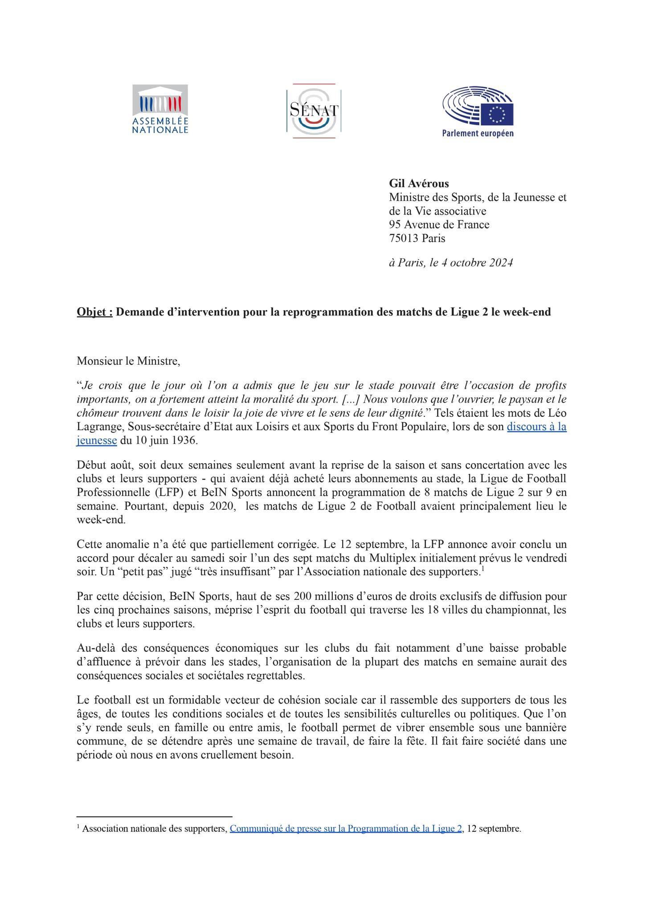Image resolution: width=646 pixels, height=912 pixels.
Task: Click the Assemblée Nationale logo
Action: tap(160, 110)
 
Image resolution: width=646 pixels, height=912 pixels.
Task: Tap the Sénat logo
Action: tap(314, 111)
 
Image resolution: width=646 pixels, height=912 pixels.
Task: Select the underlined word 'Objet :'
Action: tap(94, 312)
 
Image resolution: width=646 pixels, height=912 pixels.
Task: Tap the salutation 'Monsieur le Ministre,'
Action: tap(128, 361)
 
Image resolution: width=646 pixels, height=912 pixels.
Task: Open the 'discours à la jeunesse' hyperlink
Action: tap(536, 427)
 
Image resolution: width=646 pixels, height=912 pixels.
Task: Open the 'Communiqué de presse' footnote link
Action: tap(345, 829)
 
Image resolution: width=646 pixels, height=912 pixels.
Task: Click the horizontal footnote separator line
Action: tap(155, 817)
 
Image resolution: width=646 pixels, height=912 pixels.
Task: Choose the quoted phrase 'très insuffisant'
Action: tap(238, 572)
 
